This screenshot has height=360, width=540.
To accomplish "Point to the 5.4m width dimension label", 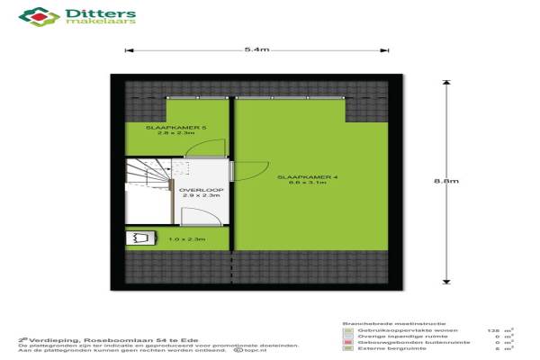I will [x=256, y=49].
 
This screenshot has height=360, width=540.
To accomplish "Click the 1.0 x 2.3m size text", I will [x=187, y=238].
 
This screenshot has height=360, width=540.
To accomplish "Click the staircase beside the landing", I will [x=146, y=189].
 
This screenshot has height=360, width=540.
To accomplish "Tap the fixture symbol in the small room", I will [x=139, y=238].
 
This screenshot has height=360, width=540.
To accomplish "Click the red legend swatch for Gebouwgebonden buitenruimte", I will [x=347, y=341].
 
